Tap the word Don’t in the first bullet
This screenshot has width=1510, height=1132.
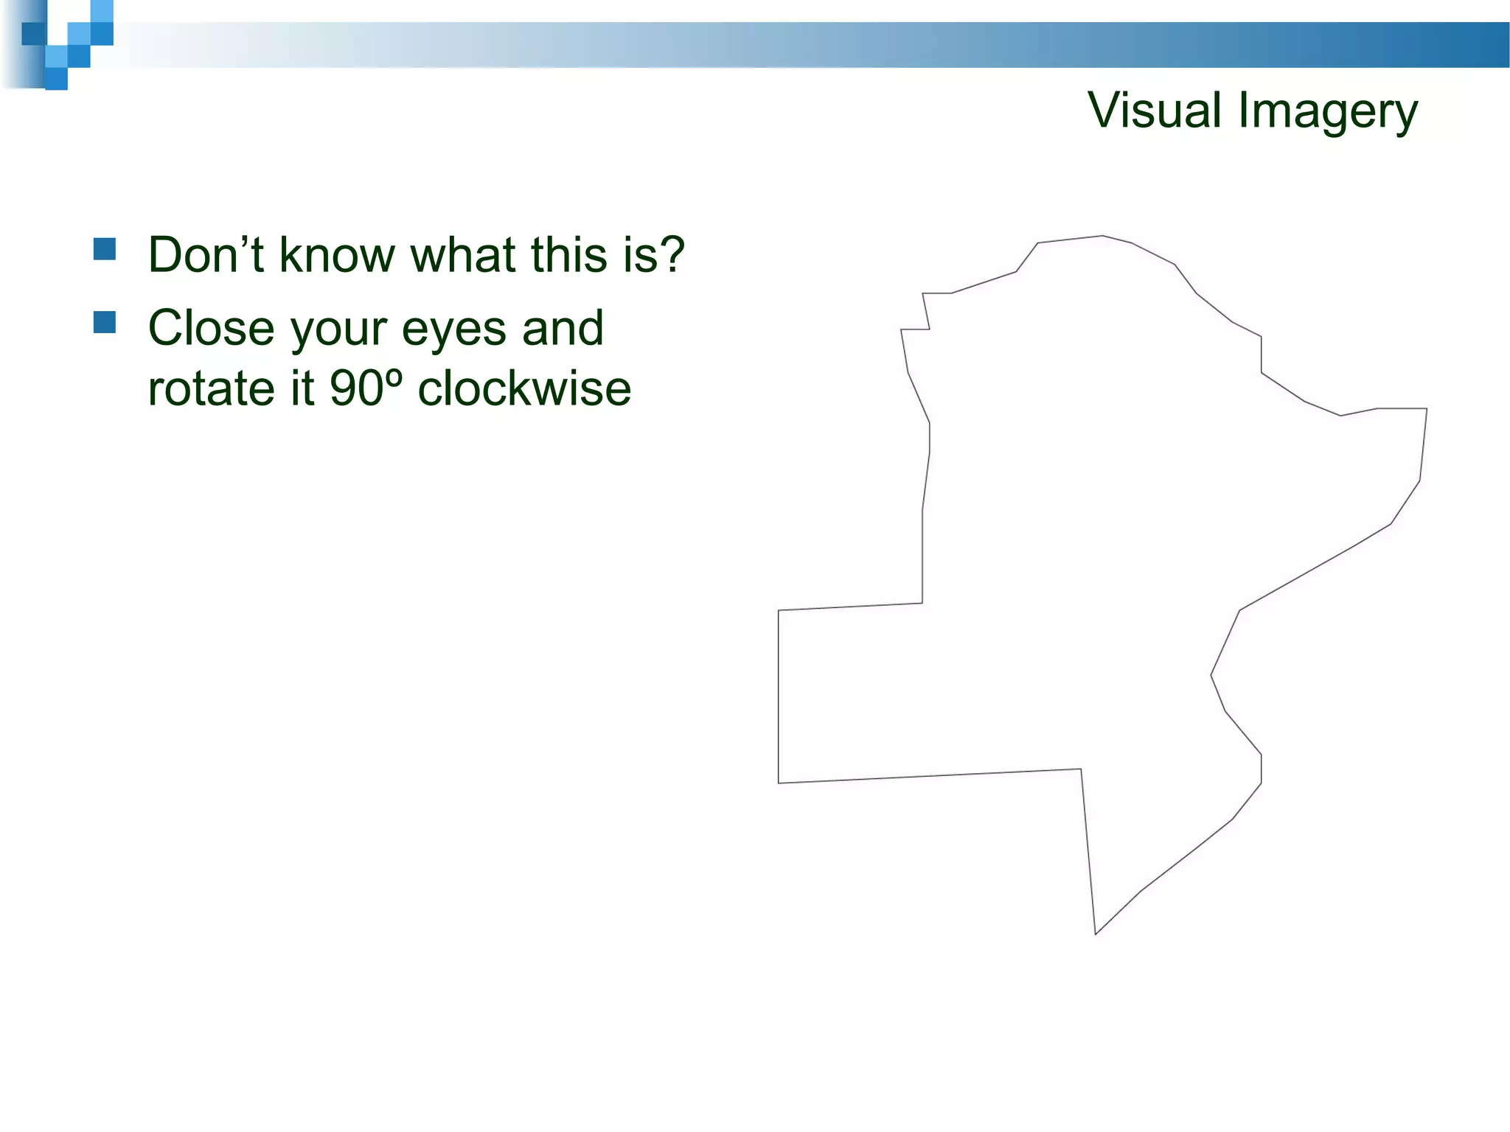[206, 254]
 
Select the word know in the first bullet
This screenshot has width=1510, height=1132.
[337, 254]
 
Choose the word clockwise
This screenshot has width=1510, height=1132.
[524, 388]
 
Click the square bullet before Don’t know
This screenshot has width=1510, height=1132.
[105, 249]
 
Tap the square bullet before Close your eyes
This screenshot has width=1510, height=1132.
[105, 323]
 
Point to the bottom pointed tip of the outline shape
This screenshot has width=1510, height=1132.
[1096, 934]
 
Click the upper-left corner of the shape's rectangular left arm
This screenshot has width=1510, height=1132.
[779, 611]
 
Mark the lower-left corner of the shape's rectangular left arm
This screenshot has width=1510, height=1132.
[779, 783]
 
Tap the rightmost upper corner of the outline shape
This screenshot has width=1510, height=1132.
[1426, 409]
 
